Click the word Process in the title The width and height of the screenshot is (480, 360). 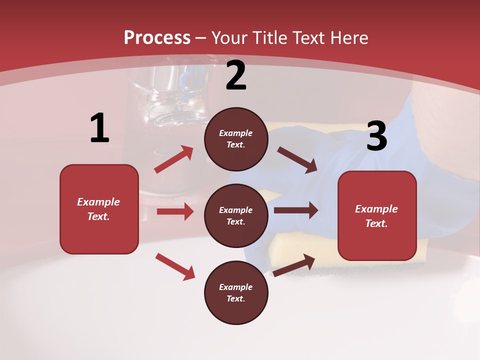(157, 37)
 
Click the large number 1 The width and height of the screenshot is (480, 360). (99, 128)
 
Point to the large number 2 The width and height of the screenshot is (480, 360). (236, 75)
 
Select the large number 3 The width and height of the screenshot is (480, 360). (376, 136)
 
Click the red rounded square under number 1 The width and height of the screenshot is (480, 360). (99, 209)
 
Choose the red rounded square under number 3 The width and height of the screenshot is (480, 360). (377, 215)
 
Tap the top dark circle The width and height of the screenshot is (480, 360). (236, 139)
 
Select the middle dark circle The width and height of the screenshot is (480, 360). (236, 215)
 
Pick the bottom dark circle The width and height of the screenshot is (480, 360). (236, 292)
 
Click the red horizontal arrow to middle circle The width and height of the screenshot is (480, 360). (175, 211)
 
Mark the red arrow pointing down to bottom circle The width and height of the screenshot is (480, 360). (175, 266)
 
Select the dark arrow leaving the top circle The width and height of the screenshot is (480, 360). (297, 159)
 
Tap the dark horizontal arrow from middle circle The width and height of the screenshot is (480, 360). (296, 210)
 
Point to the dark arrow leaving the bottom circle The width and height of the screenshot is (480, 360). (294, 265)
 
